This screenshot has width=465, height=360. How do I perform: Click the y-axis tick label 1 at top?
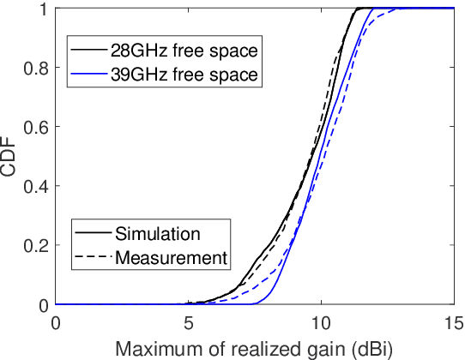pos(43,9)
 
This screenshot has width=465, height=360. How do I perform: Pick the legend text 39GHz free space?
pos(183,75)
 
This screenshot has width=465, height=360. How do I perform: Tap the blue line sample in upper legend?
pos(88,75)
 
